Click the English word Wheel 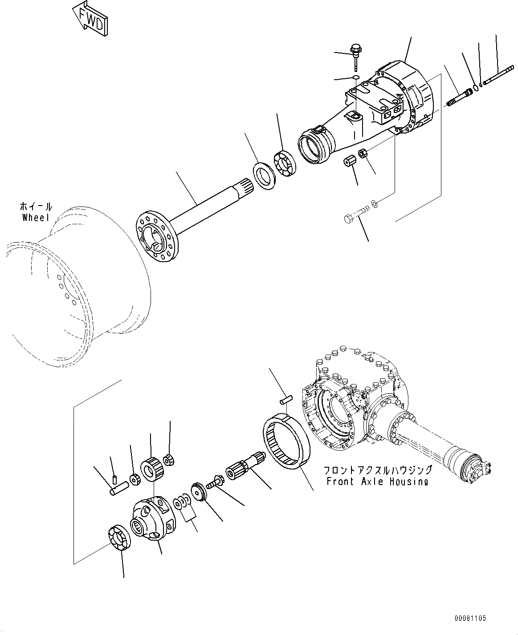pyautogui.click(x=36, y=217)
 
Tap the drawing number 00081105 pyautogui.click(x=470, y=618)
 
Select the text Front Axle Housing pyautogui.click(x=377, y=481)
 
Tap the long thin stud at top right pyautogui.click(x=498, y=74)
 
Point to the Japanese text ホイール pyautogui.click(x=36, y=206)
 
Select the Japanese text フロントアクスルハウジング pyautogui.click(x=377, y=470)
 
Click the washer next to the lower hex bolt pyautogui.click(x=375, y=203)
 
